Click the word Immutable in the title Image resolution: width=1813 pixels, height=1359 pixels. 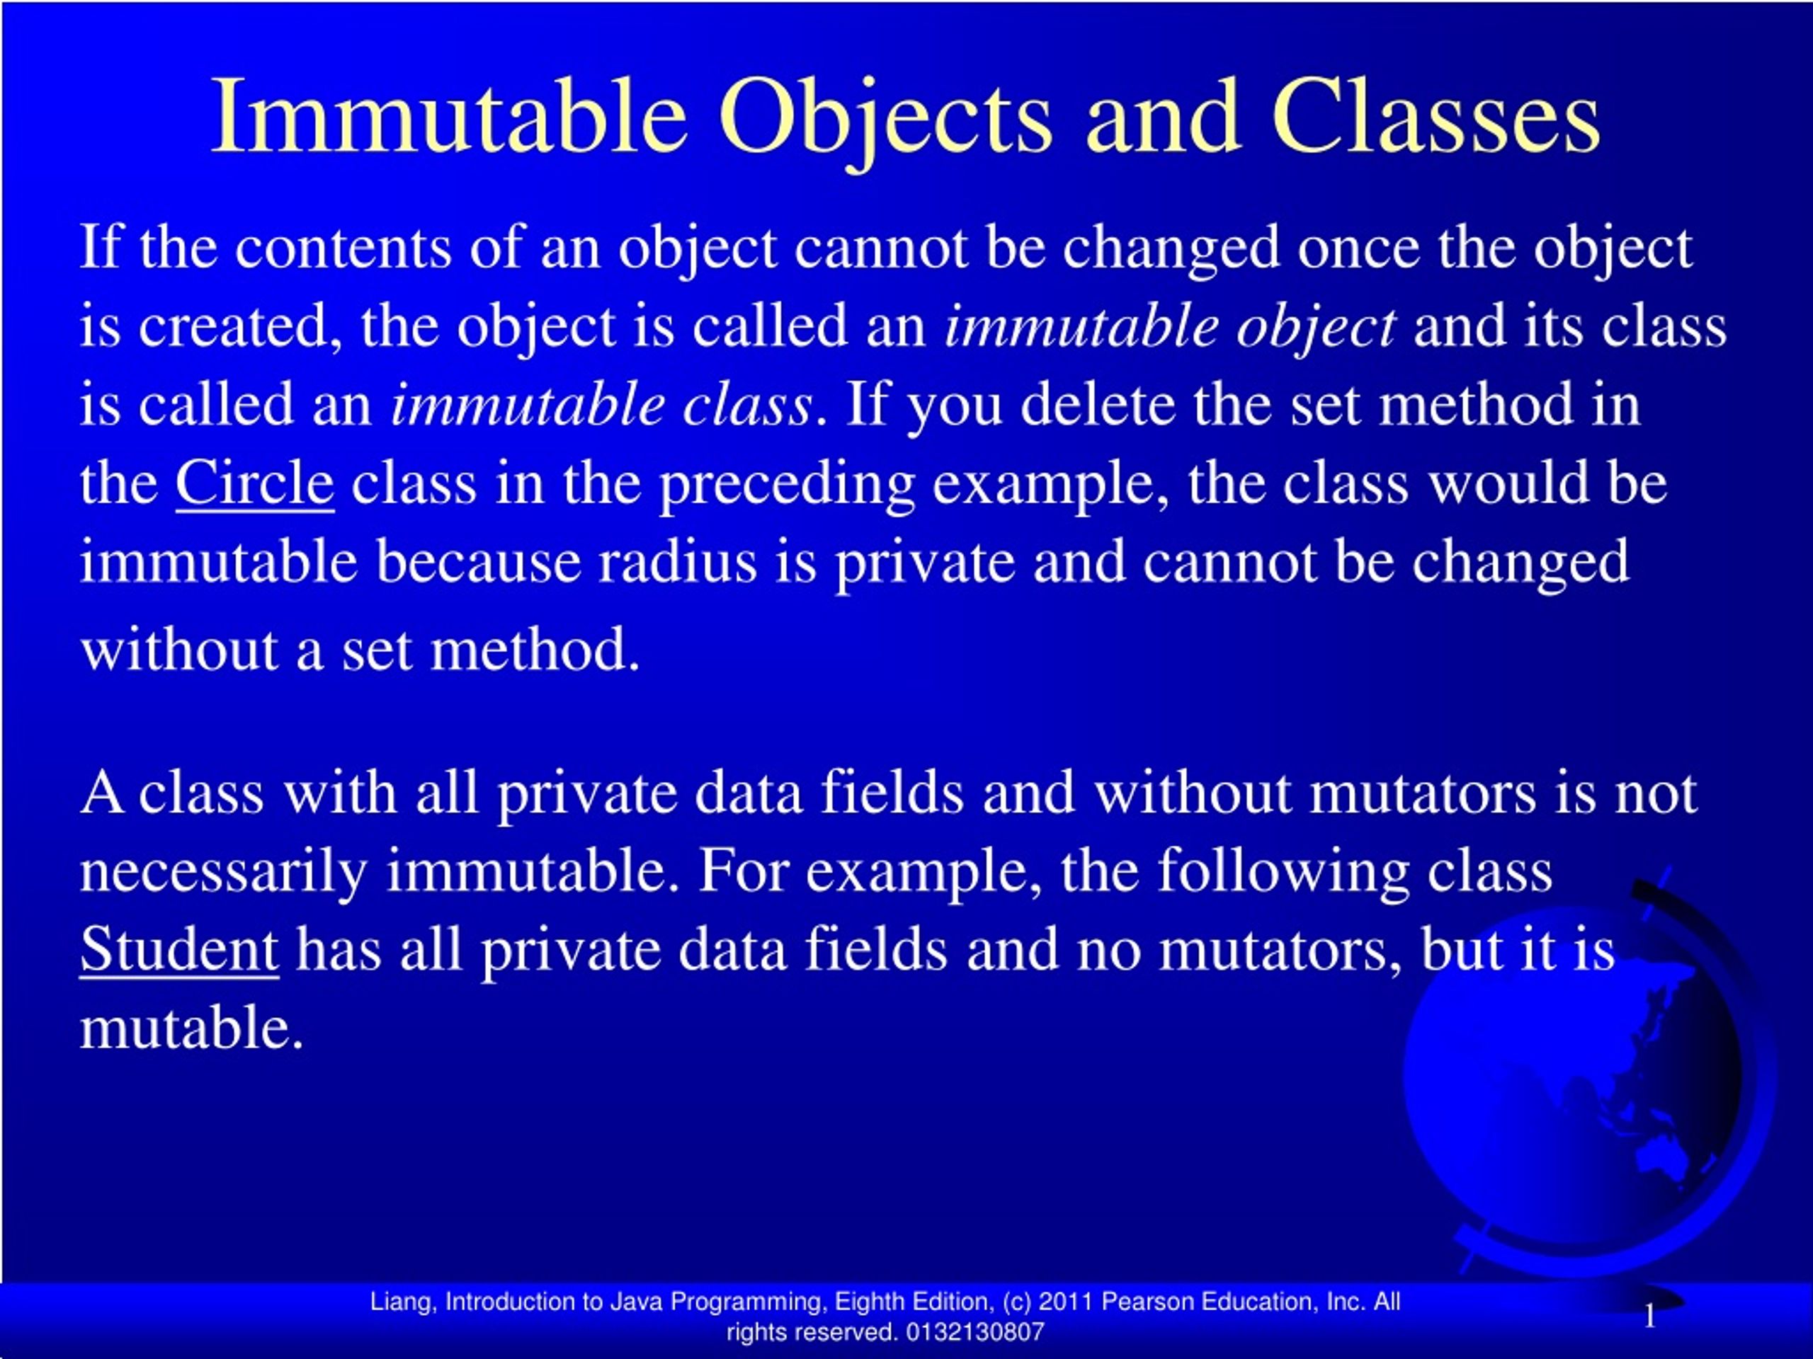[x=448, y=116]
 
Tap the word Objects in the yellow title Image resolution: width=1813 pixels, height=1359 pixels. [x=885, y=116]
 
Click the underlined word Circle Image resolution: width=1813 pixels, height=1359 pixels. [x=254, y=483]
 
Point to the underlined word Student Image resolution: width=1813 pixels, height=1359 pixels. [x=178, y=950]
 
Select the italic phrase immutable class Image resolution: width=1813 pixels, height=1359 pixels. [x=601, y=405]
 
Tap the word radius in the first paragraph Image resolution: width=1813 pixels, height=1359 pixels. [x=677, y=563]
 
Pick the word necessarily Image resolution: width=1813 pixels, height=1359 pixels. [x=223, y=871]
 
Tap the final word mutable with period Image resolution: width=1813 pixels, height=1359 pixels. [x=191, y=1028]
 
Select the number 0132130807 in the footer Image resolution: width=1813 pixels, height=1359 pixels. [x=975, y=1332]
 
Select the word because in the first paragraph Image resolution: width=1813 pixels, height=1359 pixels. [x=477, y=563]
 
